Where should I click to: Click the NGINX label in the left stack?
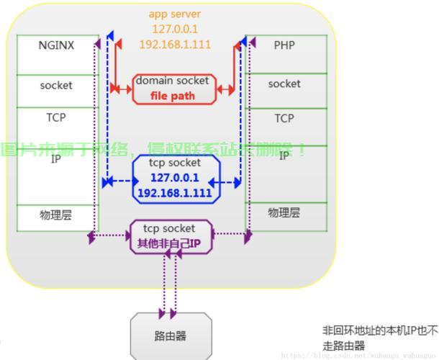point(56,45)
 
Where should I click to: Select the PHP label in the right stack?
point(284,45)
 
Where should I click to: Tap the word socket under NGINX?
point(56,85)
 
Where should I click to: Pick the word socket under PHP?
point(284,84)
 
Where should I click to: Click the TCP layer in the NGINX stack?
point(56,117)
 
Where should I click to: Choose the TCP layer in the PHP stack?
point(284,118)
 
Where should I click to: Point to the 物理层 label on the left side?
point(56,215)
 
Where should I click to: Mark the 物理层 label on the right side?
point(284,212)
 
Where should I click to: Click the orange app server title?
point(175,14)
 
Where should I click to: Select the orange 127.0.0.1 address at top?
point(175,29)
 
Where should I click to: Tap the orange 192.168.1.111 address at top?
point(175,44)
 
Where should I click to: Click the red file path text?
point(173,96)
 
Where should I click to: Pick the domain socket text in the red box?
point(173,81)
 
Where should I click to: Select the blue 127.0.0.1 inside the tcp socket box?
point(174,178)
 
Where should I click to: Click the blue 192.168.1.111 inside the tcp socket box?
point(174,193)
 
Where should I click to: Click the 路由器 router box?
point(171,336)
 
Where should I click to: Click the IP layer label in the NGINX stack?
point(56,159)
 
